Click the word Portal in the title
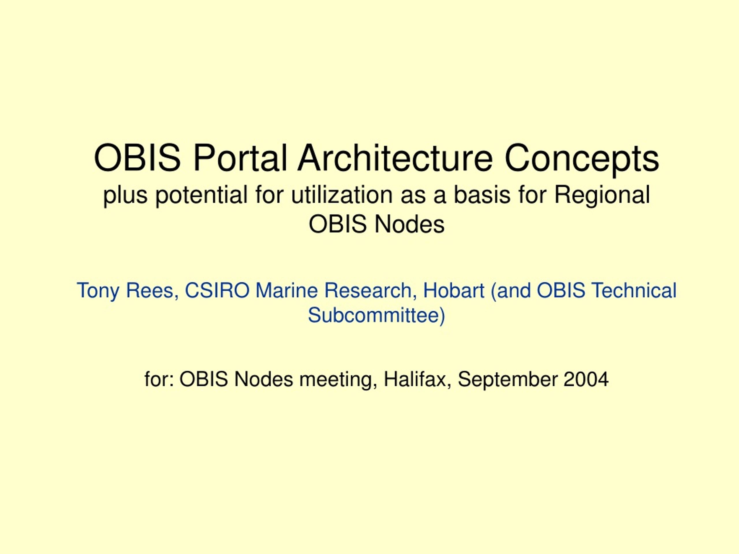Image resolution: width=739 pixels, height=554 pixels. [x=240, y=158]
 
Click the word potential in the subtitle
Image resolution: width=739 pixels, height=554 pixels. [x=201, y=196]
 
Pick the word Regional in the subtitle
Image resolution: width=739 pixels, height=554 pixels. [x=602, y=196]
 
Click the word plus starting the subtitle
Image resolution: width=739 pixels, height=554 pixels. [x=125, y=196]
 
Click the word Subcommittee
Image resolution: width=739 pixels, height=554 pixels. [x=376, y=315]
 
